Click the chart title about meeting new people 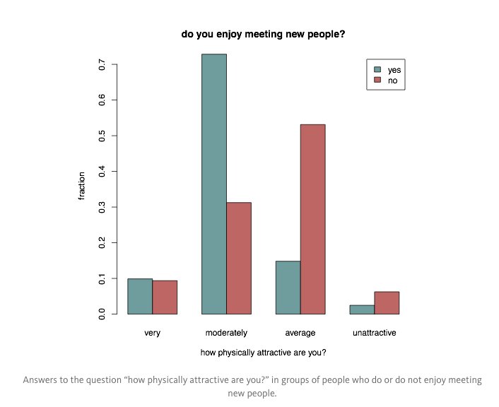click(x=263, y=33)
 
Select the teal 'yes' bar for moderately click(x=213, y=184)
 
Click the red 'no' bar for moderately click(x=238, y=258)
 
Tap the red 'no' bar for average click(x=312, y=219)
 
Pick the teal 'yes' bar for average click(x=288, y=288)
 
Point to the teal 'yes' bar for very click(x=140, y=296)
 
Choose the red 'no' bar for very click(x=165, y=297)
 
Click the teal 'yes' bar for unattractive click(x=362, y=309)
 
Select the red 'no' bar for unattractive click(x=387, y=302)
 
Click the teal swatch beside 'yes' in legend click(x=377, y=70)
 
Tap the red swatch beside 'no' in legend click(x=377, y=81)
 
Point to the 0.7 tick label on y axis click(x=102, y=65)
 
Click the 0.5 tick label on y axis click(x=102, y=136)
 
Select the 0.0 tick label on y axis click(x=102, y=314)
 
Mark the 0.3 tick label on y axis click(x=102, y=207)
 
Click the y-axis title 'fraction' click(x=81, y=186)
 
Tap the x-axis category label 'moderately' click(x=226, y=332)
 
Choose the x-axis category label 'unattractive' click(x=374, y=332)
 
